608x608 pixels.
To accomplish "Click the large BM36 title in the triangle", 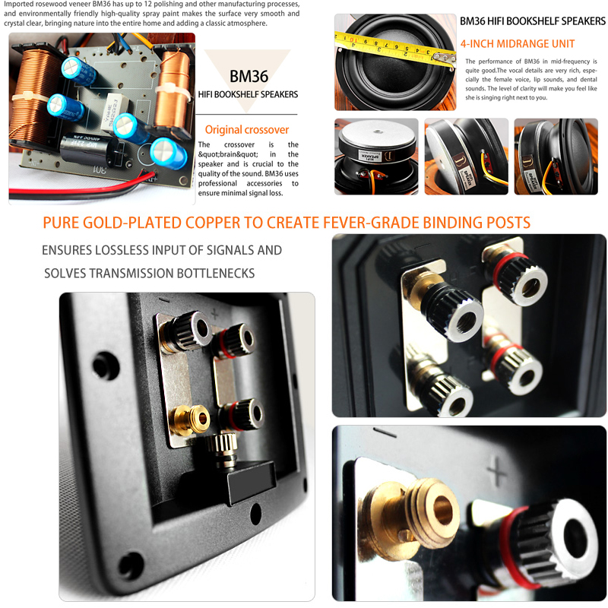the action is click(249, 77).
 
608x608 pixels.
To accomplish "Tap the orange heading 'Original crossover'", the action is click(247, 129).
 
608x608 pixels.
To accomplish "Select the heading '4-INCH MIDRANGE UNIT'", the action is click(518, 44).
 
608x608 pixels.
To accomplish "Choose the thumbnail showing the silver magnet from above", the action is click(376, 157).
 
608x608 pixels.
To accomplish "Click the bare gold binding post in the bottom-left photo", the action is click(191, 419).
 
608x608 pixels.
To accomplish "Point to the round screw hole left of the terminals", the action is click(106, 365).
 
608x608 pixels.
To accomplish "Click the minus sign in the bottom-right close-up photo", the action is click(385, 432).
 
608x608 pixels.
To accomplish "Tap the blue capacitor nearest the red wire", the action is click(168, 154).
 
